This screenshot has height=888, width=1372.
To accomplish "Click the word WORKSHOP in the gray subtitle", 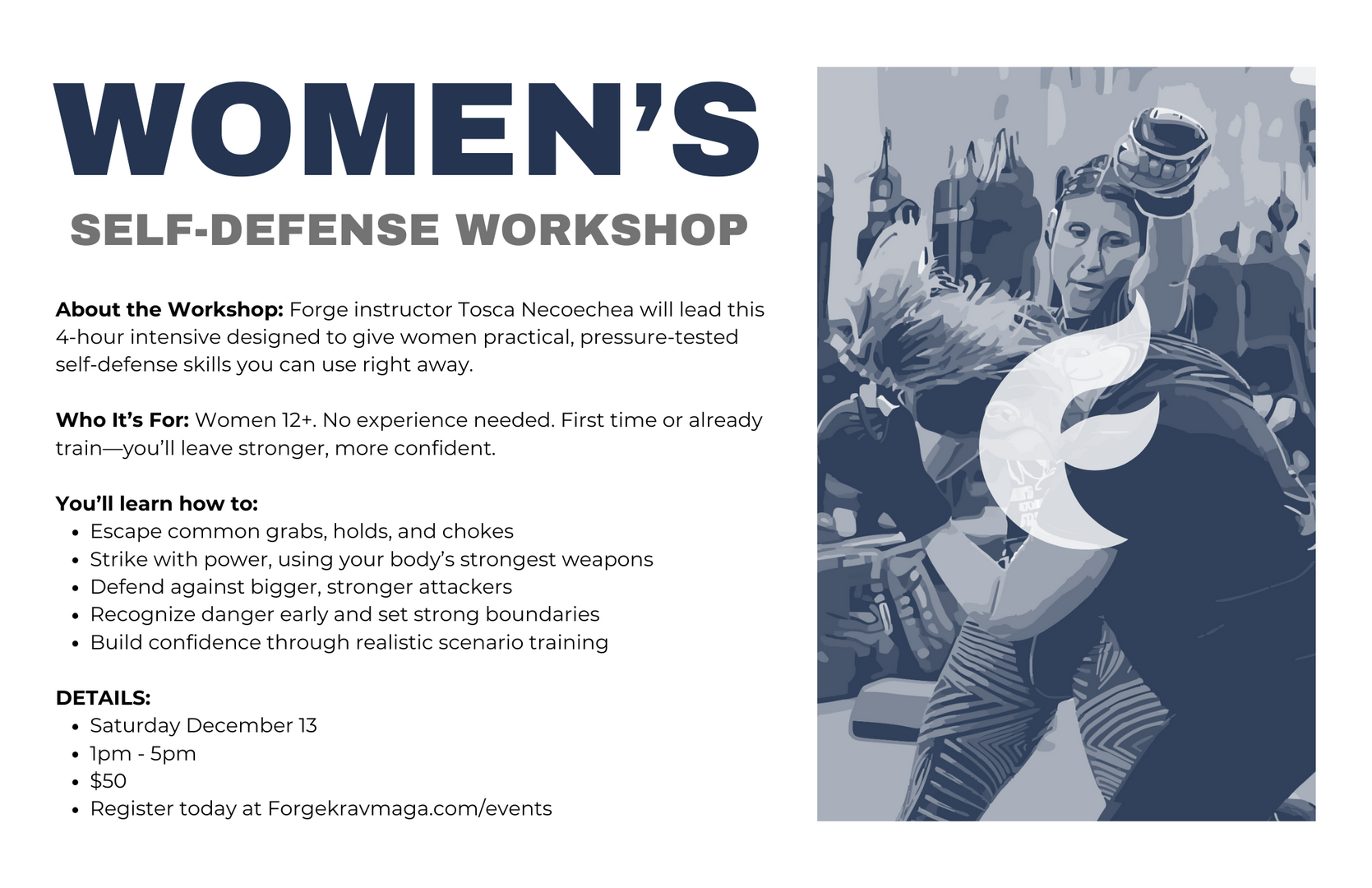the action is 602,230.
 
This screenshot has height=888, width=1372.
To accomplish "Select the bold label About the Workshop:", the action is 169,310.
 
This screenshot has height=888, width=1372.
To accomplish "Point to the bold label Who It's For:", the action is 122,420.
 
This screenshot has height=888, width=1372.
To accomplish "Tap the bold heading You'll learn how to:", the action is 157,504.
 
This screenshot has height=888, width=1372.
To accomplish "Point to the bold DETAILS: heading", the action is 103,698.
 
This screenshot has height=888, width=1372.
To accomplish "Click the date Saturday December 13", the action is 203,725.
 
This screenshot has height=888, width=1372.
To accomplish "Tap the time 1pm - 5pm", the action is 143,754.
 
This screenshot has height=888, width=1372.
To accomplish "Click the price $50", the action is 108,781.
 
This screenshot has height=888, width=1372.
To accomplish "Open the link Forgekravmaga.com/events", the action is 409,809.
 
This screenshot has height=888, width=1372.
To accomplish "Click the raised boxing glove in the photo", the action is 1162,160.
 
